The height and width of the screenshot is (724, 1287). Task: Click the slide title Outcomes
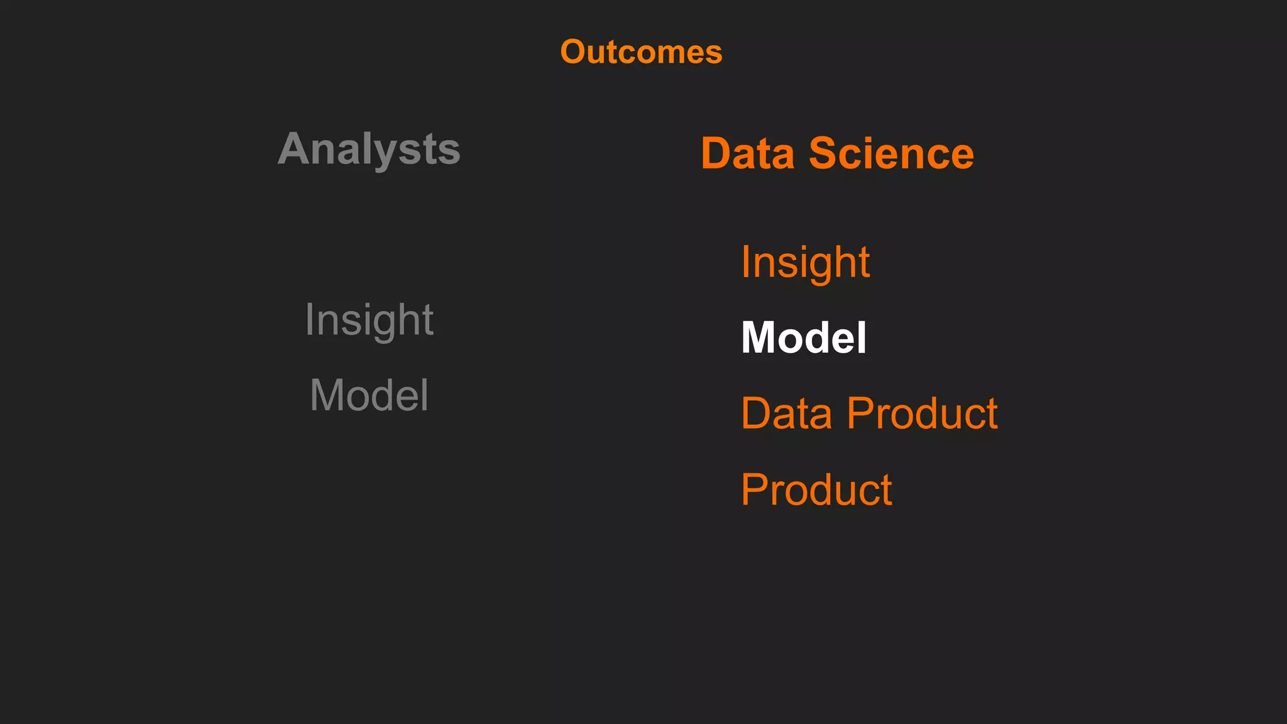[641, 52]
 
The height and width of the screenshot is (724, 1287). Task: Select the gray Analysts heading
[369, 150]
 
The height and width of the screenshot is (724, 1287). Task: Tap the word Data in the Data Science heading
[748, 153]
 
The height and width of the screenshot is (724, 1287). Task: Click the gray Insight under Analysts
[369, 320]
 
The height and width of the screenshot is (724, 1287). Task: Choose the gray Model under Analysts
[369, 395]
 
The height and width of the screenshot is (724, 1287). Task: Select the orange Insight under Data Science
[805, 262]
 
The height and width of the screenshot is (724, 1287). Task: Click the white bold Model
[804, 337]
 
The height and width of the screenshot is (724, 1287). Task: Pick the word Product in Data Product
[922, 414]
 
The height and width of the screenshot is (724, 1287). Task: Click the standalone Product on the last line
[816, 490]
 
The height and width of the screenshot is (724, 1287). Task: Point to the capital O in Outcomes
[574, 52]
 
